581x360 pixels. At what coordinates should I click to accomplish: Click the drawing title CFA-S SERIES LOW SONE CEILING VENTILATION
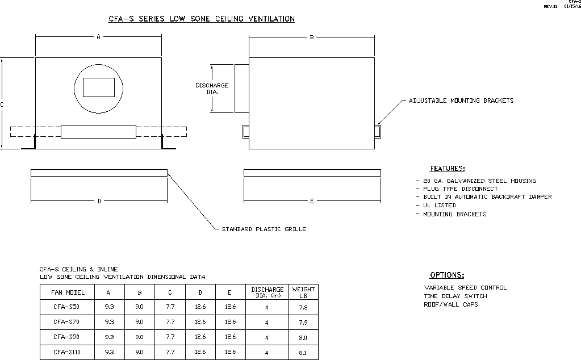(x=202, y=19)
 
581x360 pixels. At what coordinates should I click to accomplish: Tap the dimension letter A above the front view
(x=98, y=37)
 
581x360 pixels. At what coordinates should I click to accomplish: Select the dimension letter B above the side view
(x=312, y=37)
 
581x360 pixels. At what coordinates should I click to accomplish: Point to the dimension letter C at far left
(x=2, y=104)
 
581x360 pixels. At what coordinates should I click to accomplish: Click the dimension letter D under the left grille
(x=99, y=201)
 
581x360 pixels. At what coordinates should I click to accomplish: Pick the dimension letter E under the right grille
(x=312, y=201)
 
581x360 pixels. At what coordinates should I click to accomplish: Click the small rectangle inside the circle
(x=99, y=87)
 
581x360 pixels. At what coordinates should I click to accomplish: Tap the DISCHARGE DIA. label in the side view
(x=212, y=89)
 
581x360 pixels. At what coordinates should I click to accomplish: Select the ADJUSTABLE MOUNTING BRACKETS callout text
(x=461, y=101)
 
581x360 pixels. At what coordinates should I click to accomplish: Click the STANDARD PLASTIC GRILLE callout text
(x=264, y=229)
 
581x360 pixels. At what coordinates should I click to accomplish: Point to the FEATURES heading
(x=447, y=169)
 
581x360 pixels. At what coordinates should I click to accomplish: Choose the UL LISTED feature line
(x=439, y=206)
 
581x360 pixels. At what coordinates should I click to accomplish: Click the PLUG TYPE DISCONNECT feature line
(x=460, y=189)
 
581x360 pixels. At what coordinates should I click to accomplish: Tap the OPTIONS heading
(x=447, y=275)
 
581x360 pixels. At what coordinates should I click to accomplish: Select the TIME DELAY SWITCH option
(x=455, y=296)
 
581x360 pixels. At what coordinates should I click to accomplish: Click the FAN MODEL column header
(x=68, y=293)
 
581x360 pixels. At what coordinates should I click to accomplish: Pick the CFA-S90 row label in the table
(x=67, y=337)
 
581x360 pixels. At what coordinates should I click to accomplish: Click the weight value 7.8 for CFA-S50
(x=303, y=308)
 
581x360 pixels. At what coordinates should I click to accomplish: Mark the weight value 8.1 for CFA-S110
(x=303, y=353)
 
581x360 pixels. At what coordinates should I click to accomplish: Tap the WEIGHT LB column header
(x=303, y=292)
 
